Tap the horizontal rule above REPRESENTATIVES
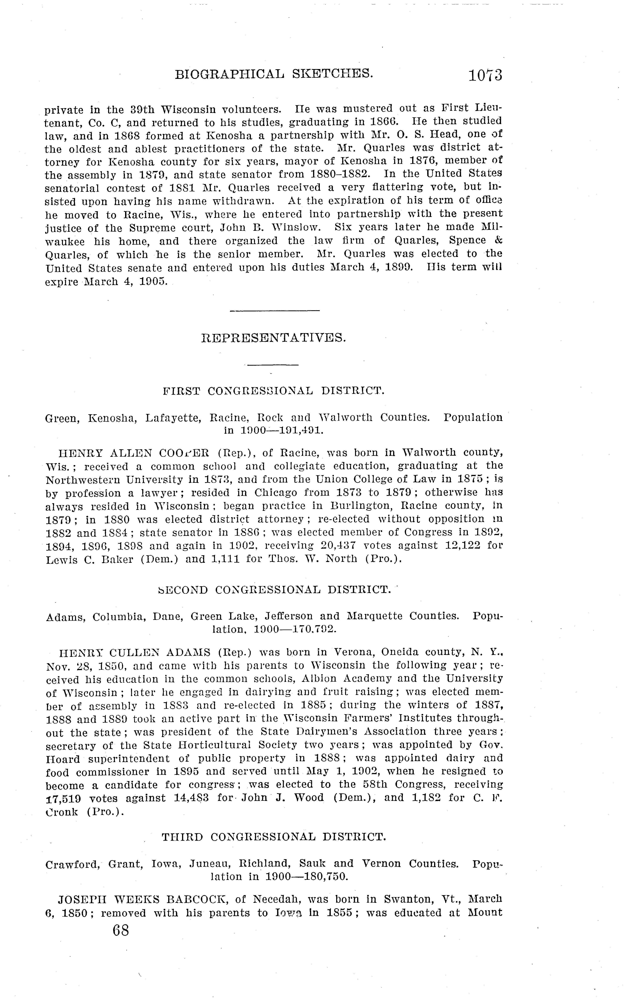274,310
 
